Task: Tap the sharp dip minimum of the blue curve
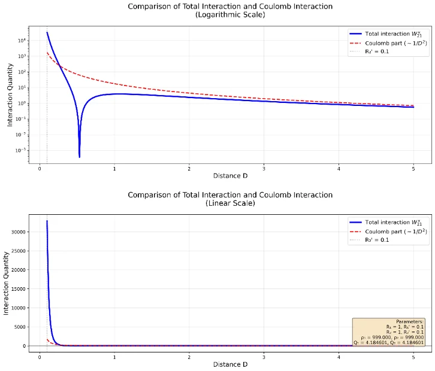(x=79, y=157)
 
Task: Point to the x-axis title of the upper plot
(x=230, y=176)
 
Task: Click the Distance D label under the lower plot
(x=230, y=364)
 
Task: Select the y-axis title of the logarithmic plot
(x=10, y=96)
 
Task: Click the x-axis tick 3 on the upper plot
(x=264, y=168)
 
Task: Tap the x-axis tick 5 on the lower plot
(x=413, y=355)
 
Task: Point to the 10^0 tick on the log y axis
(x=20, y=104)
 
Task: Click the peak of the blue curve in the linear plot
(x=47, y=221)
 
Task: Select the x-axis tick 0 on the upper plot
(x=40, y=168)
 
